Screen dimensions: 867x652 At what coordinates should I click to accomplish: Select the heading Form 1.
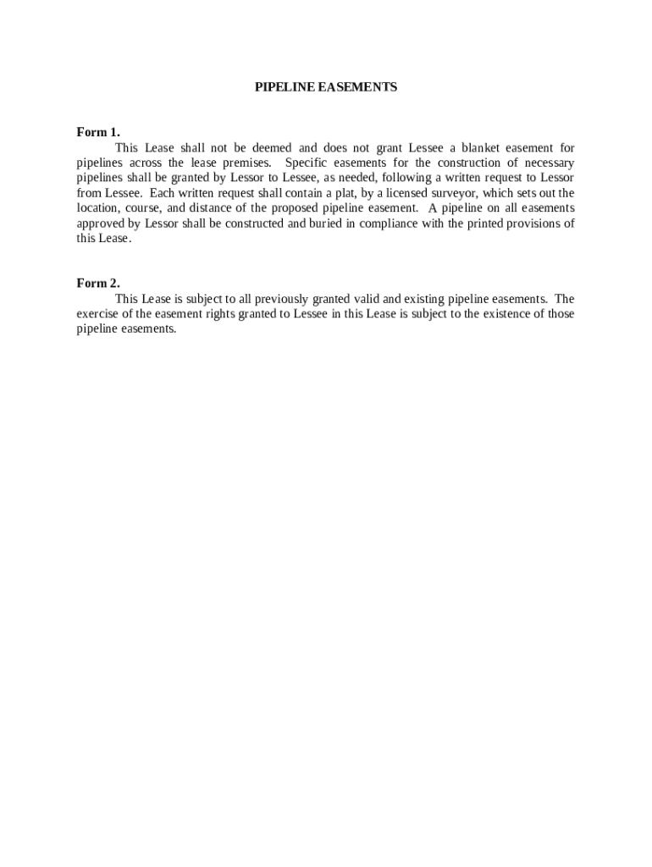(x=98, y=132)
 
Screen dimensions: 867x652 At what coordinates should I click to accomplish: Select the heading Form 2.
(x=98, y=284)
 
